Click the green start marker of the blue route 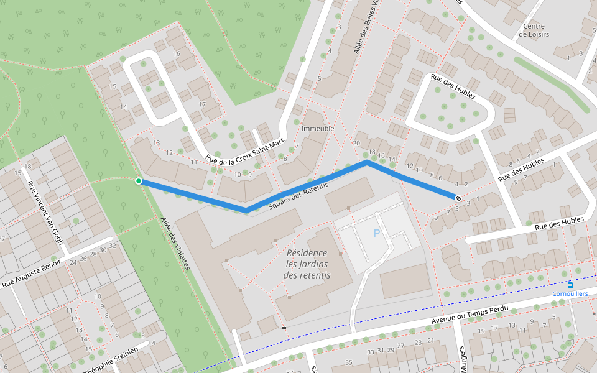coord(138,181)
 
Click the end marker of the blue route coord(458,198)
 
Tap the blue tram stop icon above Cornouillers coord(570,285)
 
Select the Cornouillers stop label coord(570,293)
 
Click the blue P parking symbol coord(376,233)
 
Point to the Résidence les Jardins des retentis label coord(307,264)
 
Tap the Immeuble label coord(318,128)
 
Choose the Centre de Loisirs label coord(534,30)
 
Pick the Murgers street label coord(462,359)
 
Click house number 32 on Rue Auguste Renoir coord(113,246)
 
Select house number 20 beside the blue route coord(356,144)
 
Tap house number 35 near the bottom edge coord(349,362)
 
